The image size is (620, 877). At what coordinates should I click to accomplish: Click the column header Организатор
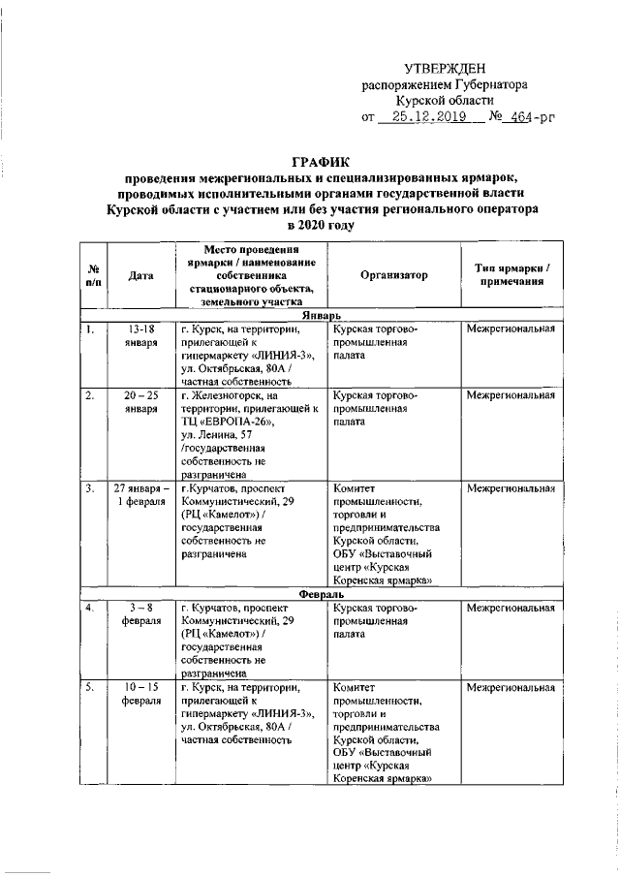393,275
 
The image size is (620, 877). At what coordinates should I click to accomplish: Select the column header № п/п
93,275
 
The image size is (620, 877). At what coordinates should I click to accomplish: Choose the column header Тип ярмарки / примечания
511,274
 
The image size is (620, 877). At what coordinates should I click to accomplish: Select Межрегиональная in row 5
511,687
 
